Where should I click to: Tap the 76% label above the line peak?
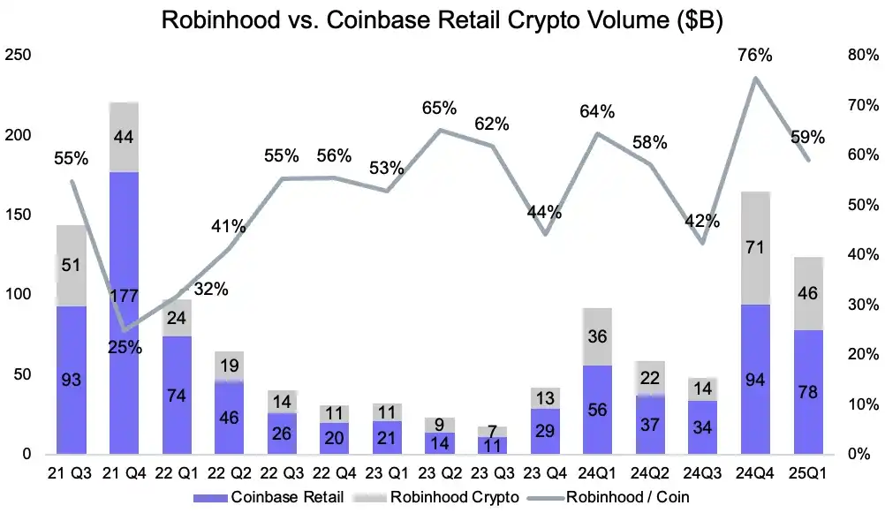coord(755,56)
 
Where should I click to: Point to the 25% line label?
coord(125,347)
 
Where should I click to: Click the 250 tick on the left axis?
coord(19,56)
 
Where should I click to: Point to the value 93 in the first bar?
coord(72,381)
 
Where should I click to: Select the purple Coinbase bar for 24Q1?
coord(597,411)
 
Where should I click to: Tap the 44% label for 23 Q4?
coord(544,212)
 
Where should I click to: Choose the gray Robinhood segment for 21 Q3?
coord(72,266)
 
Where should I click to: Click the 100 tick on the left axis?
coord(19,295)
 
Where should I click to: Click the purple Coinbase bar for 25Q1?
coord(808,393)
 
